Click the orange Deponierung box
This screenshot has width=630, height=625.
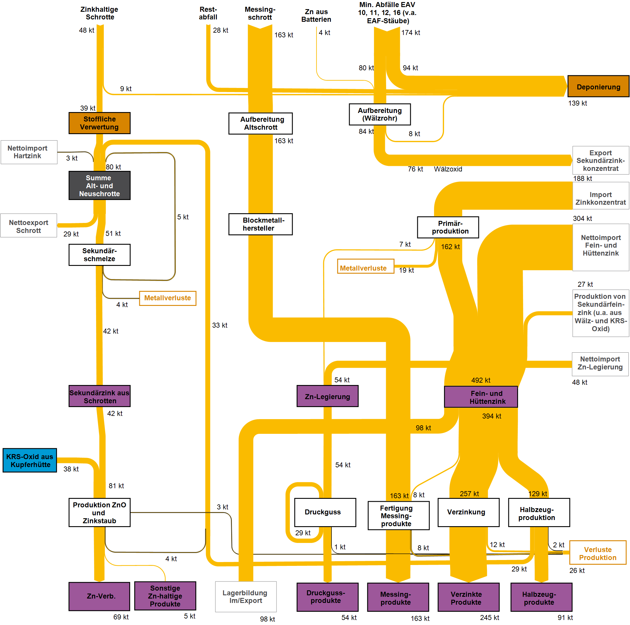pos(598,86)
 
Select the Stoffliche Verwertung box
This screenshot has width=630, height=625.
pos(99,123)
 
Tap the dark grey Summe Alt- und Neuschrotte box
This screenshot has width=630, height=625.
pos(99,185)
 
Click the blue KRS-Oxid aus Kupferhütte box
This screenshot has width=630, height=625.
pos(30,460)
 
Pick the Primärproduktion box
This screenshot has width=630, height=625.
pos(448,227)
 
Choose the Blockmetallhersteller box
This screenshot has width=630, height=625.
pos(260,224)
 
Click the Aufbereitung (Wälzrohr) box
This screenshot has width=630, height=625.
pos(380,114)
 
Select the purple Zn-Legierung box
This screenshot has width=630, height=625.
pos(327,396)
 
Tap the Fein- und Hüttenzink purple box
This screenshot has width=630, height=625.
pos(481,397)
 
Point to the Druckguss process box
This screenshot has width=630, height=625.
pos(325,512)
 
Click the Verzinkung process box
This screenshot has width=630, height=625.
pos(468,512)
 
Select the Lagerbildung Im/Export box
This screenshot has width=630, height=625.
pos(246,596)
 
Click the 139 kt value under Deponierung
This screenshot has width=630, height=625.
pos(577,103)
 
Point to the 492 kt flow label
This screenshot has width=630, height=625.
pos(480,380)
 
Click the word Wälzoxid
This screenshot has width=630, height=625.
pos(448,169)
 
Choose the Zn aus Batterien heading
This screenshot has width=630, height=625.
pos(316,16)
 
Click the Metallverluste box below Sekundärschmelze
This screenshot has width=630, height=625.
pos(167,298)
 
